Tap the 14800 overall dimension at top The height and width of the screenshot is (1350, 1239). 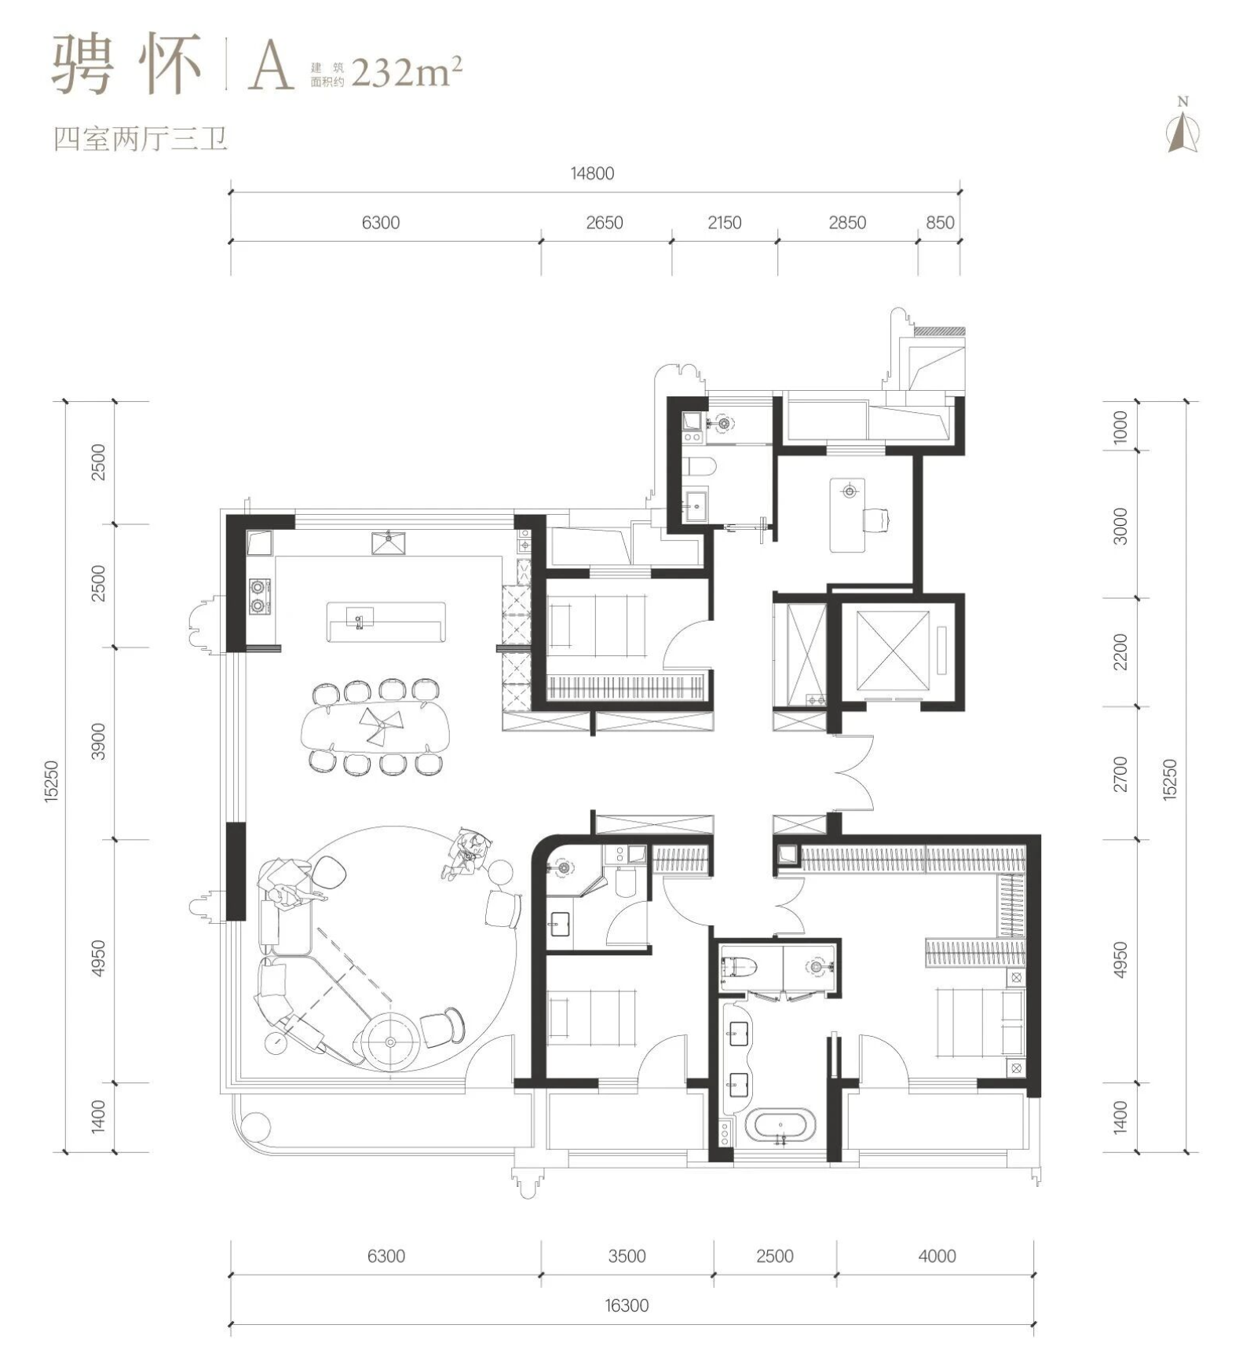click(x=593, y=173)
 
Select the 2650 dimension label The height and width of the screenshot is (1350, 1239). click(x=605, y=223)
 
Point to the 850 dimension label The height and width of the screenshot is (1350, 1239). click(x=940, y=223)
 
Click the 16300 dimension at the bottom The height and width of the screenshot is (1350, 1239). click(x=627, y=1305)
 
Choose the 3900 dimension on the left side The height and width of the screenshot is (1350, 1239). click(x=98, y=742)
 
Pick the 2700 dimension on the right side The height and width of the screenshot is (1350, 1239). click(x=1120, y=774)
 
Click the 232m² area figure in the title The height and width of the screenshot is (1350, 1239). click(x=407, y=72)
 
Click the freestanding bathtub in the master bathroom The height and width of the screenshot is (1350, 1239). click(x=780, y=1125)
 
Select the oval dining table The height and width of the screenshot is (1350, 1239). click(x=376, y=726)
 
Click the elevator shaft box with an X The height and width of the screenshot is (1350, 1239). click(x=893, y=651)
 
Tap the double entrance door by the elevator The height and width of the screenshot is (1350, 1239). click(x=854, y=773)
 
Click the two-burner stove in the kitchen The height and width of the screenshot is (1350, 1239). click(x=259, y=596)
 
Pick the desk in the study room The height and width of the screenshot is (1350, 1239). click(x=847, y=515)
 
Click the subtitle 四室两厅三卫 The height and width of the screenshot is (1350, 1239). click(x=141, y=139)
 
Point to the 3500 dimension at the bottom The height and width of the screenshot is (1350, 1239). click(x=627, y=1256)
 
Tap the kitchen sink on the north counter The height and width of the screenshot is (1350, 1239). click(x=389, y=542)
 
